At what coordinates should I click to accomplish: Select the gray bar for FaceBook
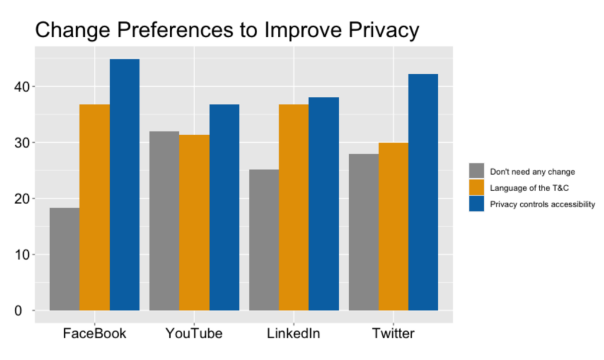pos(64,259)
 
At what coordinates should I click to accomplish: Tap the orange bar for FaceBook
pos(94,207)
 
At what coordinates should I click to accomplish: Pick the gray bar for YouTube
pos(164,221)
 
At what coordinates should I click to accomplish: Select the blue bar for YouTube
pos(224,207)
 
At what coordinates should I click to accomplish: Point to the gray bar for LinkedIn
pos(264,240)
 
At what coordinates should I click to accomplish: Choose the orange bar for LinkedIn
pos(294,207)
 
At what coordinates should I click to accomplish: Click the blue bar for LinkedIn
pos(324,204)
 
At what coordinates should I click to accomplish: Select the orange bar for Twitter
pos(393,227)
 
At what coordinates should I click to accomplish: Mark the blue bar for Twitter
pos(424,192)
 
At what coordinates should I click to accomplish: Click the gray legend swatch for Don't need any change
pos(477,171)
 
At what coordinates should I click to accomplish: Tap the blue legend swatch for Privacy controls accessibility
pos(477,204)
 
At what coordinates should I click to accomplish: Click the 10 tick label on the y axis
pos(22,255)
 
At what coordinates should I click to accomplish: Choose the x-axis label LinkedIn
pos(294,333)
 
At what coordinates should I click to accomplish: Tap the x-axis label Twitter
pos(393,333)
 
